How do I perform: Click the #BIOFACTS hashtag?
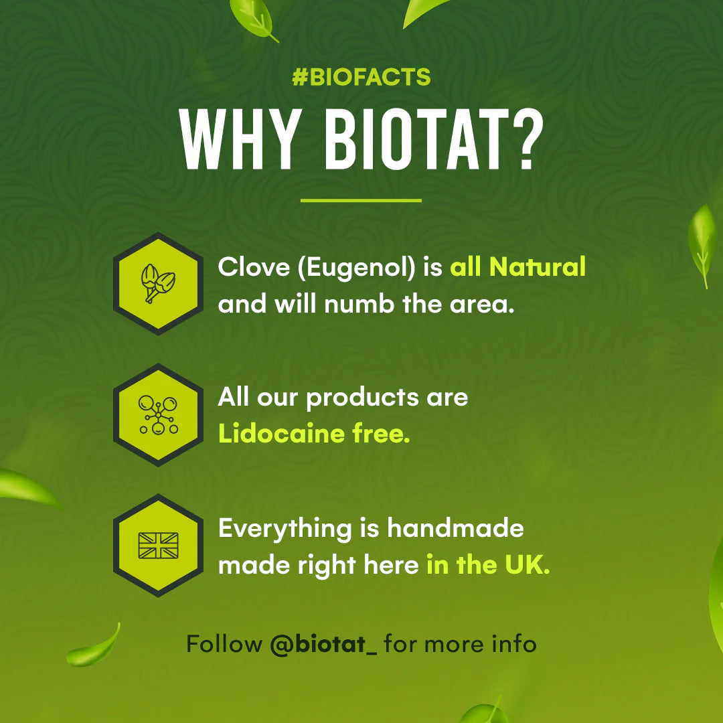click(x=361, y=78)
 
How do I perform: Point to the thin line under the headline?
click(x=361, y=199)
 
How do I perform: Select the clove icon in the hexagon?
click(x=158, y=283)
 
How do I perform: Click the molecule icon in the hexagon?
click(x=158, y=414)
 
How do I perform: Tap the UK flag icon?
click(x=158, y=546)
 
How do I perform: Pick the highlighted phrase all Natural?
click(x=517, y=268)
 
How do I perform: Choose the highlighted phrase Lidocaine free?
click(x=314, y=434)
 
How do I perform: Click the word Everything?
click(x=285, y=530)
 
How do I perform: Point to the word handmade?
click(x=456, y=529)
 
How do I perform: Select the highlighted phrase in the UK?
click(x=488, y=566)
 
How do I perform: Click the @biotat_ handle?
click(x=324, y=645)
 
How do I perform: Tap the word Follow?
click(x=224, y=645)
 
